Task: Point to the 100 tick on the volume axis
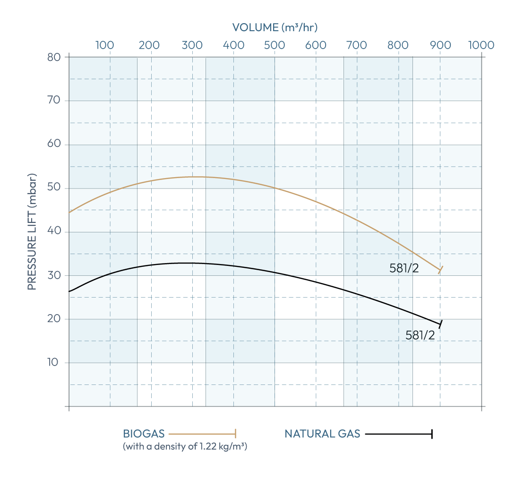(x=104, y=45)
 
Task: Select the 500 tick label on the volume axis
(x=275, y=45)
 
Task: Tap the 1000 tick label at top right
(x=481, y=45)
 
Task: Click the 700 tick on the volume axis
(x=357, y=45)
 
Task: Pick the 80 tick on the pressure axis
(x=54, y=57)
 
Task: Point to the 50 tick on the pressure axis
(x=54, y=188)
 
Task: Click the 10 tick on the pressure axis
(x=54, y=363)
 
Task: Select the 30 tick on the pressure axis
(x=54, y=275)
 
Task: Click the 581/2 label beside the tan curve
(x=404, y=268)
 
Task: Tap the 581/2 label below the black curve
(x=420, y=335)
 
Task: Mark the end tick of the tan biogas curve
(x=440, y=270)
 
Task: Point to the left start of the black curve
(x=70, y=291)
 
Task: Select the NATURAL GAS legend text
(x=322, y=434)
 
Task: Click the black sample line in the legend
(x=398, y=434)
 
